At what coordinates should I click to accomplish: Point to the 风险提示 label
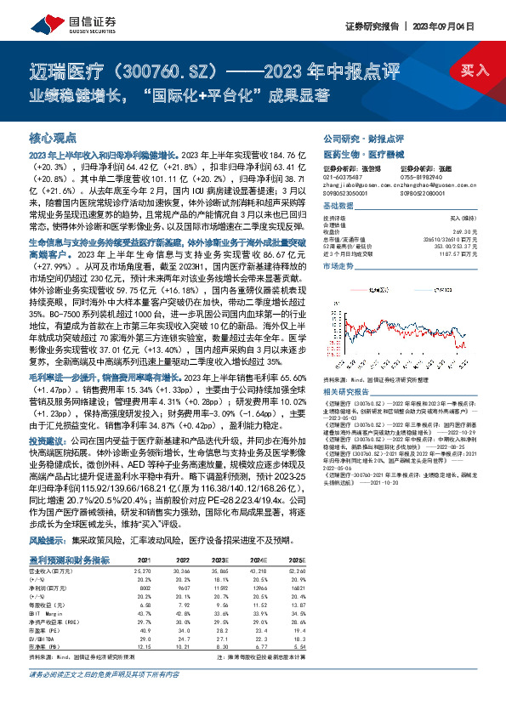click(45, 540)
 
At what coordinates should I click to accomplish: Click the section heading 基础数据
click(338, 207)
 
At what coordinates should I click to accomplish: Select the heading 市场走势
click(338, 266)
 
